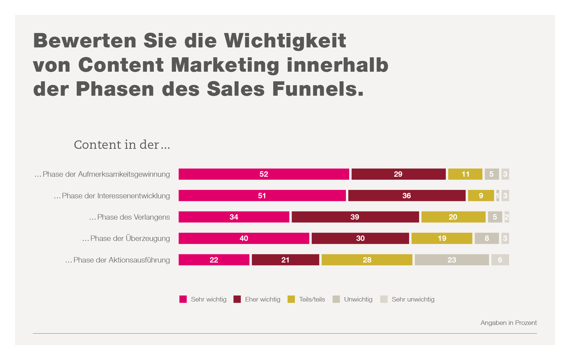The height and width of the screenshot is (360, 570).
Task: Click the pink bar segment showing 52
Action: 264,174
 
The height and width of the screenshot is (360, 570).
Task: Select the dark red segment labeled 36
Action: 406,196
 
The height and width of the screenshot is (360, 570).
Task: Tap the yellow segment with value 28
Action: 367,260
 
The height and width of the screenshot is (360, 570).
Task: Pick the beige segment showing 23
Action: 451,260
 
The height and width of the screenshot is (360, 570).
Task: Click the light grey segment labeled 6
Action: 500,260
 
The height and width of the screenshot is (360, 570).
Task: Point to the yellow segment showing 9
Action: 481,196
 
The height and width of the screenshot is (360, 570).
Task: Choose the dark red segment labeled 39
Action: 355,217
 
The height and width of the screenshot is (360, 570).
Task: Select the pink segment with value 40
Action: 244,238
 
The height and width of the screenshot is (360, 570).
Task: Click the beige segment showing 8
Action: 487,238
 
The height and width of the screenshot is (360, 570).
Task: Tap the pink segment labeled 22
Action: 214,260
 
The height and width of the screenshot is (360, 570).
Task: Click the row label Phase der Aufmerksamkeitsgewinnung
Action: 102,174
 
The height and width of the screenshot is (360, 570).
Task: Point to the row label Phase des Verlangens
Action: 130,217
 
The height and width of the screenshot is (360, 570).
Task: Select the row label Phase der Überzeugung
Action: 126,238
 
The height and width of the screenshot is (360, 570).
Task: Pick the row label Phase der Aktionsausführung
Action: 118,260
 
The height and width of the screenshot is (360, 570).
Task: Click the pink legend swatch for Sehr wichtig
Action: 183,299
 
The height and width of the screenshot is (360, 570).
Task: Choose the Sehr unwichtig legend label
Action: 413,299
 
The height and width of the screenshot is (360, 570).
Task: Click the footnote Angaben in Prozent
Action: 508,323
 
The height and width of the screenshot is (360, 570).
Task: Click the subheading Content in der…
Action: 122,145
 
